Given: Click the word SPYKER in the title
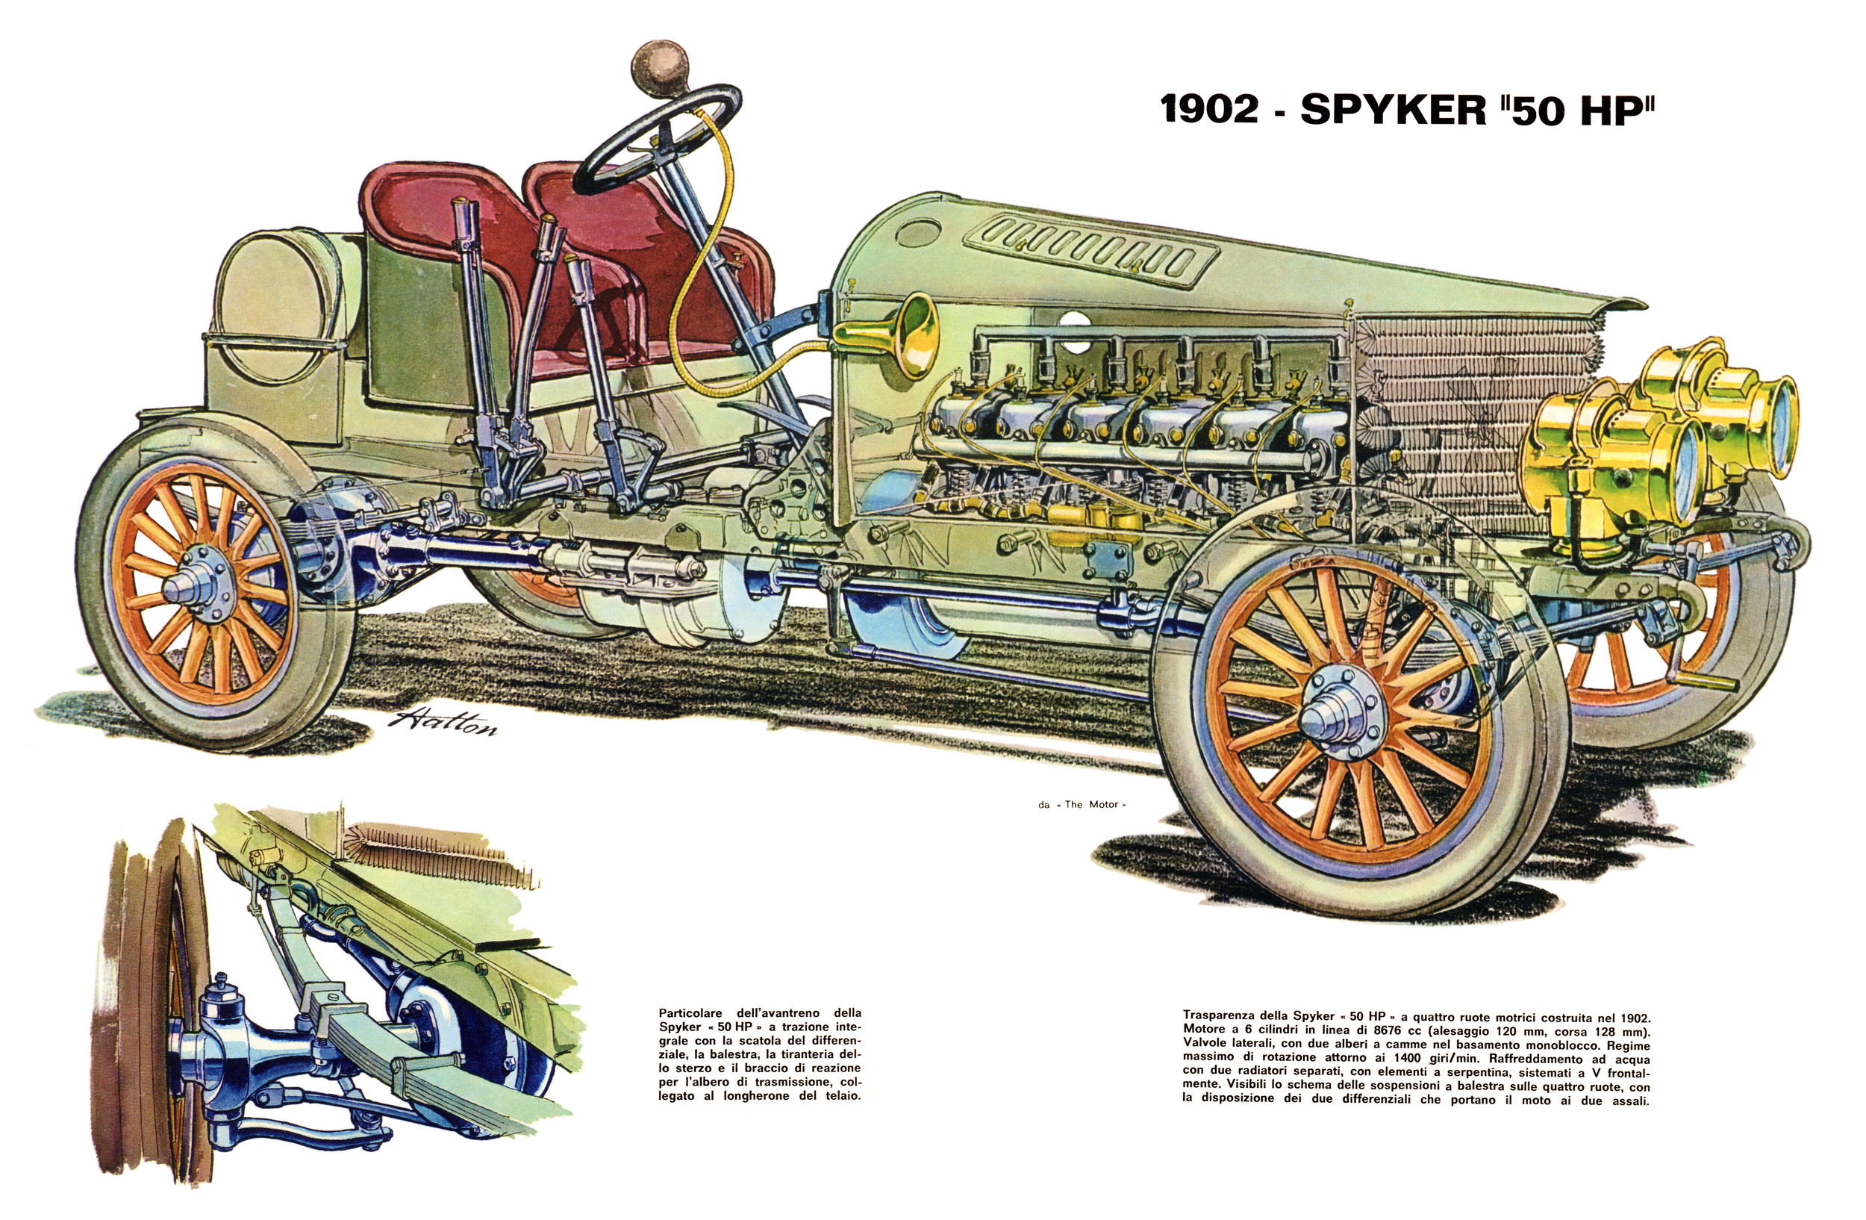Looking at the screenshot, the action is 1393,110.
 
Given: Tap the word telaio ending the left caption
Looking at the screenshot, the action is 840,1095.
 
